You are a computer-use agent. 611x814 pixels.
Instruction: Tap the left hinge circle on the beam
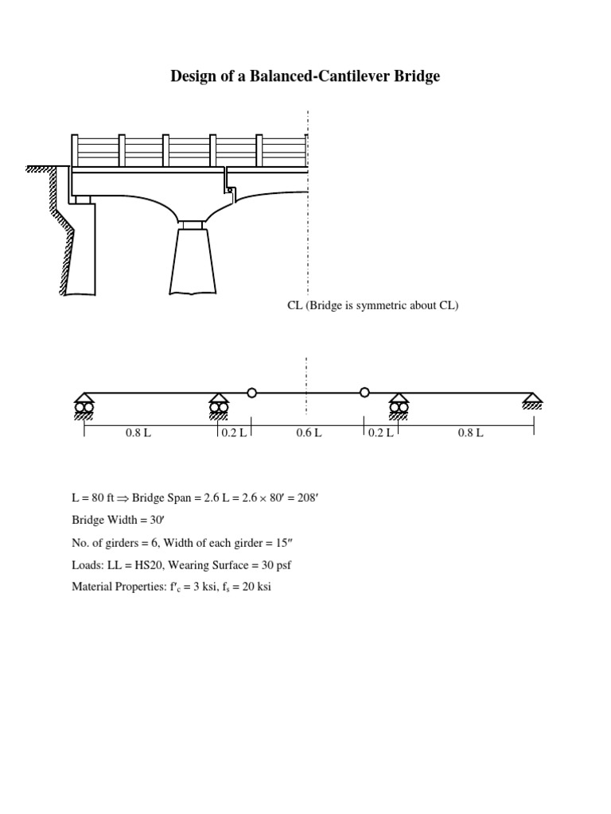pyautogui.click(x=252, y=393)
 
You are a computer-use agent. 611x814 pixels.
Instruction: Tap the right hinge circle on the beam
pyautogui.click(x=364, y=392)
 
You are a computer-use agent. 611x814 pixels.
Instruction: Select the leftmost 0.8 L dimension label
pyautogui.click(x=138, y=432)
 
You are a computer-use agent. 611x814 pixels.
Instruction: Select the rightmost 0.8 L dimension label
pyautogui.click(x=470, y=432)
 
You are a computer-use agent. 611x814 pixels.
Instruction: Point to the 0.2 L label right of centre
pyautogui.click(x=381, y=432)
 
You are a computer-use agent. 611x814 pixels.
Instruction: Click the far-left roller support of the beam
pyautogui.click(x=84, y=405)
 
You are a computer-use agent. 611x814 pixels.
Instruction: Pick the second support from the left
pyautogui.click(x=219, y=405)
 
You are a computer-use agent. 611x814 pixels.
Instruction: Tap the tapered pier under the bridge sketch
pyautogui.click(x=192, y=262)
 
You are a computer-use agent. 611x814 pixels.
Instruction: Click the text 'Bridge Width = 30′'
pyautogui.click(x=112, y=521)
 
